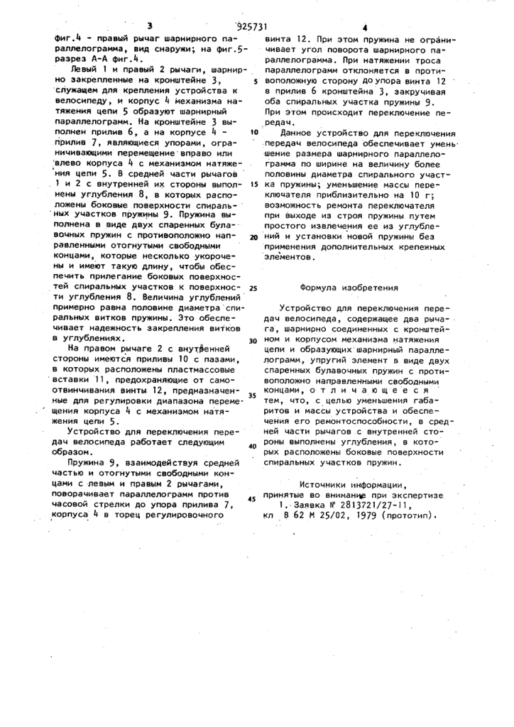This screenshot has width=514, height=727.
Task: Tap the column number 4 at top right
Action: (364, 28)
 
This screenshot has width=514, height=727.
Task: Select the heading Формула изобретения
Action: (349, 288)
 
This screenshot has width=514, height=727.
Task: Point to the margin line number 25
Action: (253, 289)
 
